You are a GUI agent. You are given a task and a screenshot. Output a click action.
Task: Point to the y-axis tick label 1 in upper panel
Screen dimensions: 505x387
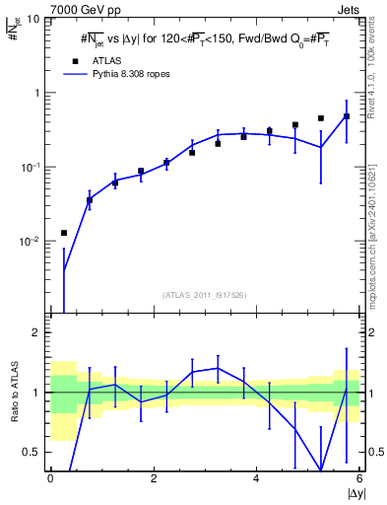point(37,93)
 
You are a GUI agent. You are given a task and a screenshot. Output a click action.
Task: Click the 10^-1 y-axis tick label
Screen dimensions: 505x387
point(32,167)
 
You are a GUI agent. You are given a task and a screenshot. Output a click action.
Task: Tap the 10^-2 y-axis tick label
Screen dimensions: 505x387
point(32,241)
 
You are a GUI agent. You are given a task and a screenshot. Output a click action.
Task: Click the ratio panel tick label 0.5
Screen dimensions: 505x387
point(32,452)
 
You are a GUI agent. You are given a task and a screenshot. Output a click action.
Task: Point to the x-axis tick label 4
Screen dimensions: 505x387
point(256,478)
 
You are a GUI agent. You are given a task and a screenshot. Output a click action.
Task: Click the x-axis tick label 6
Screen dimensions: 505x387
point(359,478)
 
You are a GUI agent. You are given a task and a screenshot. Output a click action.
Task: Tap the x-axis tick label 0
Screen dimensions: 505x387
point(50,478)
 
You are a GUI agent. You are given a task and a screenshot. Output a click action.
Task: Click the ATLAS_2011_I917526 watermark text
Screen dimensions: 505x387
point(205,294)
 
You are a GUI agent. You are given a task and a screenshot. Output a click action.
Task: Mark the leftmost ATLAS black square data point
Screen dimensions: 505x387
point(64,233)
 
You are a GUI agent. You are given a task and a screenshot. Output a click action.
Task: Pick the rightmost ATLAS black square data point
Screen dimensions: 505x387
point(347,116)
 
